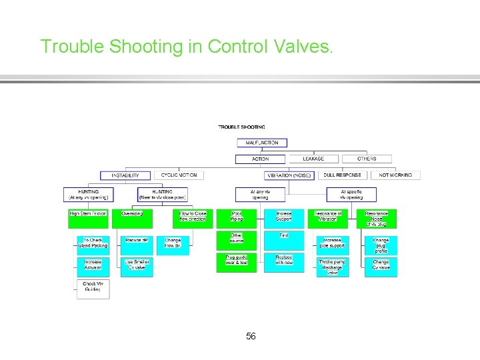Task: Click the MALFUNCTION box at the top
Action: click(x=262, y=143)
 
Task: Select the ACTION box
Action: click(x=261, y=159)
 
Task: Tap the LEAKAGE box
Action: click(x=313, y=159)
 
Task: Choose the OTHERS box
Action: click(x=367, y=159)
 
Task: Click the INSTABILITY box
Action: click(x=125, y=175)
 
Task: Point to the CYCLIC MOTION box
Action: click(x=179, y=175)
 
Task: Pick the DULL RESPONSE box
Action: click(x=343, y=175)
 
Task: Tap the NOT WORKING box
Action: click(x=396, y=175)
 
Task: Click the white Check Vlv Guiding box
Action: click(x=93, y=287)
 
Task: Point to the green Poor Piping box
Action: click(x=237, y=216)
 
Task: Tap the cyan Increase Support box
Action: click(x=284, y=216)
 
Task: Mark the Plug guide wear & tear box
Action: click(x=237, y=260)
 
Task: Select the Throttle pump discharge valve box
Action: click(x=332, y=265)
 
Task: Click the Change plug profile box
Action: click(x=381, y=245)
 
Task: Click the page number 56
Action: click(x=251, y=336)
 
